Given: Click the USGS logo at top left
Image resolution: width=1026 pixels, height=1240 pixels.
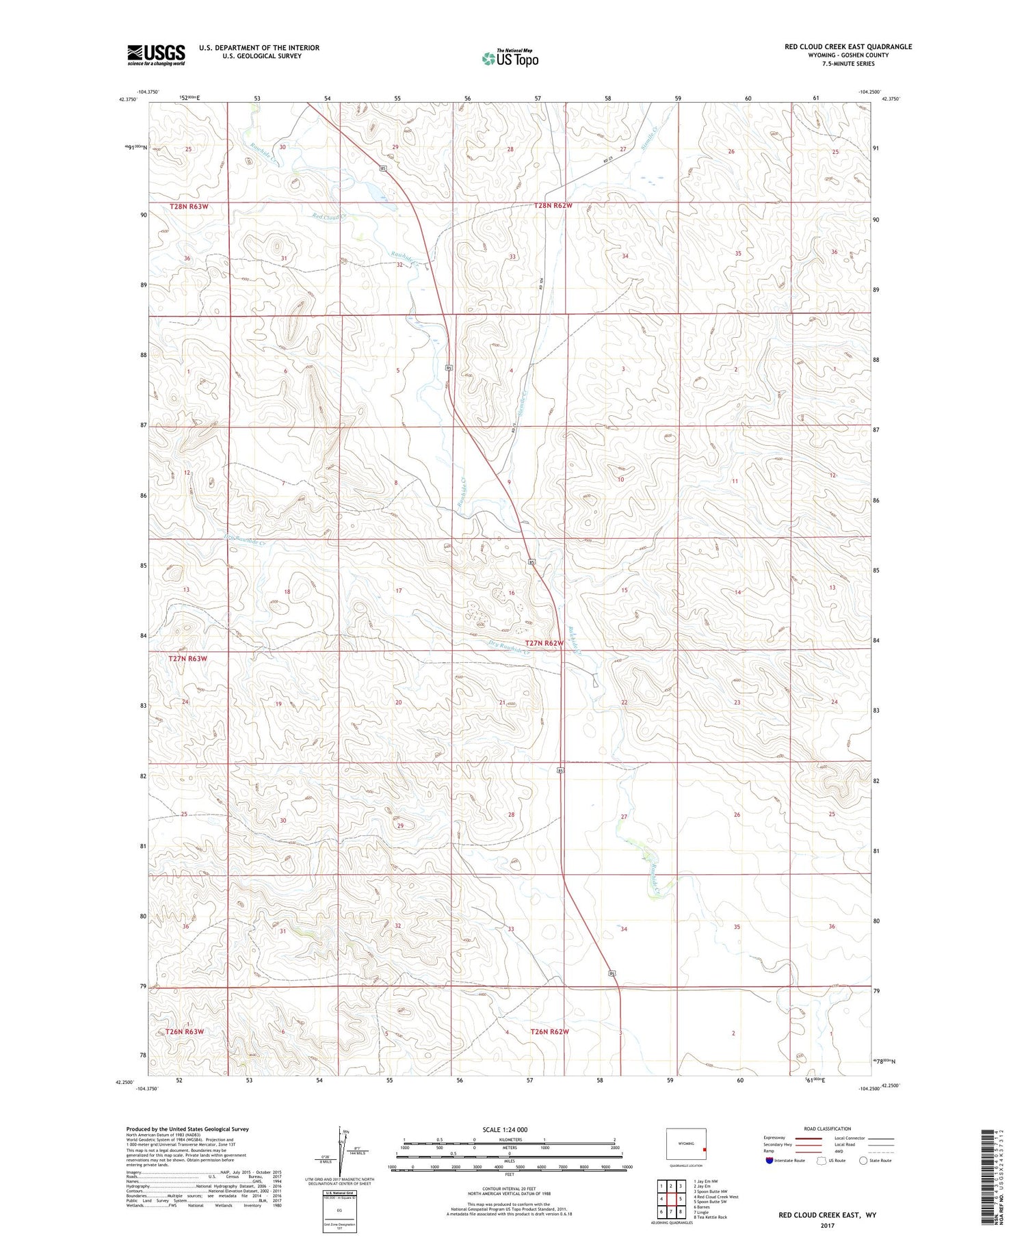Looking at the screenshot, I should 156,55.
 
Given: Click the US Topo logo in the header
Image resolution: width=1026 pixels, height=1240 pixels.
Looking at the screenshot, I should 510,59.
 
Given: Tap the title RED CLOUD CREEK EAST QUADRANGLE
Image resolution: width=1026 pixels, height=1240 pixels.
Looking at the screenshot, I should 847,47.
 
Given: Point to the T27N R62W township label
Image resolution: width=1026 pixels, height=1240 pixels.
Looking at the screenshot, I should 544,644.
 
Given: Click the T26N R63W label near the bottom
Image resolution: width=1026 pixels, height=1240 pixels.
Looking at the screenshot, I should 185,1031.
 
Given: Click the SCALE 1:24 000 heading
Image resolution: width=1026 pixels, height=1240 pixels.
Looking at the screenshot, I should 510,1129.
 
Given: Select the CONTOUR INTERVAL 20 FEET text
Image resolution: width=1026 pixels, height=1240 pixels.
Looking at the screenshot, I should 510,1189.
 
